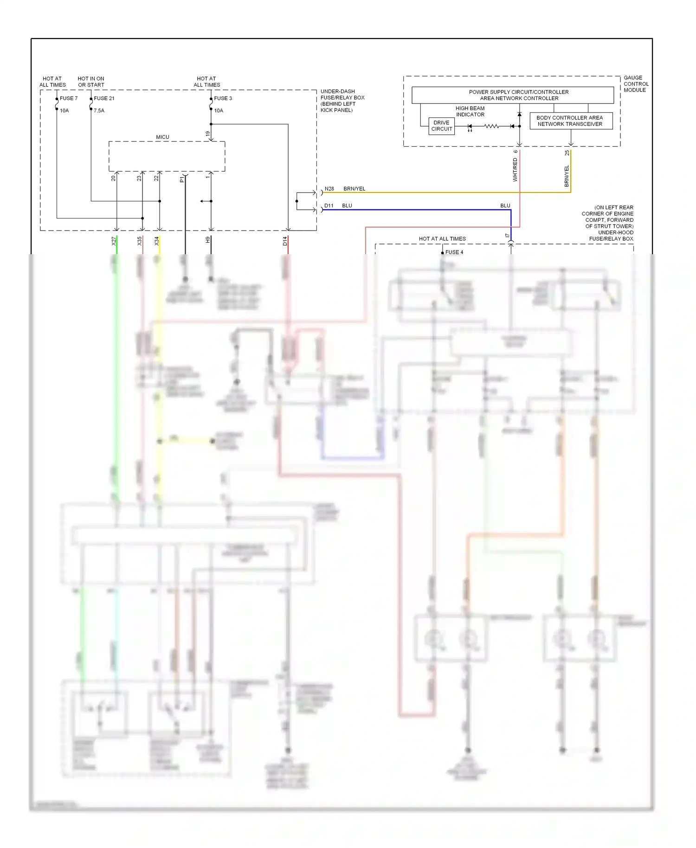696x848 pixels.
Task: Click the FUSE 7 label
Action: [68, 98]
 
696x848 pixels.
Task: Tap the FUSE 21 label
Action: [104, 98]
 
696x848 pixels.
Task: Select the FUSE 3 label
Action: [223, 98]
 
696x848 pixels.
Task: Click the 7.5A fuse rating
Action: [99, 111]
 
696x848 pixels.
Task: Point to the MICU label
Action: [162, 137]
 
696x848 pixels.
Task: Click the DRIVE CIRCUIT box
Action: [441, 126]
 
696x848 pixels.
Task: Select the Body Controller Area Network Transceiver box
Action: [571, 121]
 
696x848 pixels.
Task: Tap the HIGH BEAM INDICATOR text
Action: [470, 111]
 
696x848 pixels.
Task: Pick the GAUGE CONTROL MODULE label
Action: [635, 84]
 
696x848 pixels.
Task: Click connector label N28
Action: [329, 189]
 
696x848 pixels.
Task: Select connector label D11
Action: [329, 206]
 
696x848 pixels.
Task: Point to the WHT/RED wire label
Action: [515, 170]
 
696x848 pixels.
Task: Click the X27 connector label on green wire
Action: [113, 241]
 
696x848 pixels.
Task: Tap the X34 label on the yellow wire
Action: [156, 241]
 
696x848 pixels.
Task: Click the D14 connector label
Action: [285, 241]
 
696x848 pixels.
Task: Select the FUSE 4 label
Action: [454, 252]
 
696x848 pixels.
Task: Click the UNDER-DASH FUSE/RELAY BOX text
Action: [342, 101]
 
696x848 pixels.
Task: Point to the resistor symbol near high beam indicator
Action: [491, 126]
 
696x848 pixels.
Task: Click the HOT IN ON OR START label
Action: [91, 82]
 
